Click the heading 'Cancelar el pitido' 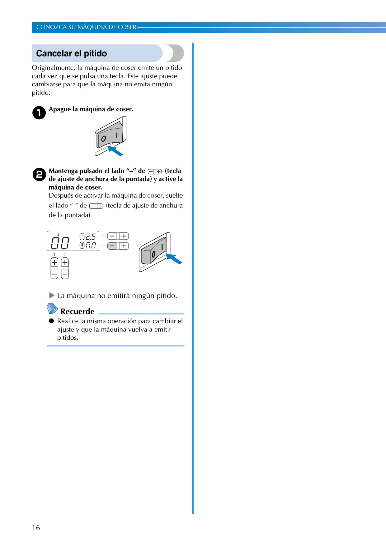72,54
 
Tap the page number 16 36,528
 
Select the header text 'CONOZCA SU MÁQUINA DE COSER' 86,27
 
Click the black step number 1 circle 39,113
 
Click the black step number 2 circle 39,175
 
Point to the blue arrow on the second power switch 174,258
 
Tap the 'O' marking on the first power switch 103,139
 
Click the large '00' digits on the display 60,243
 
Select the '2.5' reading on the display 91,237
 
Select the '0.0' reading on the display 91,246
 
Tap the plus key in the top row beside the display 124,236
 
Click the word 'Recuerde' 78,311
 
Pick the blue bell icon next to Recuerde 52,309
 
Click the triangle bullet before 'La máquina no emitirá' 52,295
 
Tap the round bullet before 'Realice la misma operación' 51,321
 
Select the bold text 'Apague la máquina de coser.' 91,109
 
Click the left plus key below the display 54,263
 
